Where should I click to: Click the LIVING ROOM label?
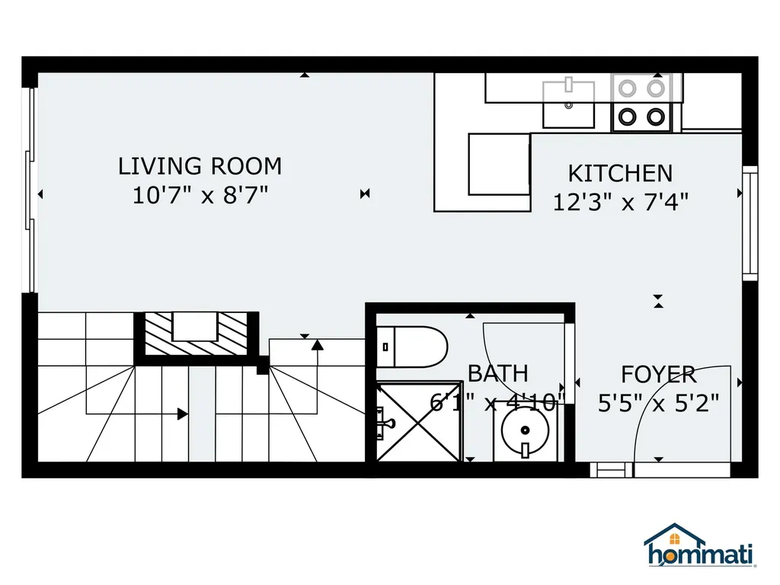[x=200, y=166]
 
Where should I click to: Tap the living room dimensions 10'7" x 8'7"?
[x=200, y=195]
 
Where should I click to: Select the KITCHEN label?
[x=620, y=174]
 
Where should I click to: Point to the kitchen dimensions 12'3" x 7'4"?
[x=621, y=202]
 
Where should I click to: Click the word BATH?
[x=498, y=373]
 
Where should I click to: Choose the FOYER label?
[x=658, y=375]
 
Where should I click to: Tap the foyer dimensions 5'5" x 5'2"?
[x=659, y=403]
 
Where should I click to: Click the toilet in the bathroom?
[x=412, y=347]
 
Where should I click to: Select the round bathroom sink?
[x=525, y=431]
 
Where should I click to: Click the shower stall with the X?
[x=419, y=421]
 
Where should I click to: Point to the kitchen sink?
[x=568, y=103]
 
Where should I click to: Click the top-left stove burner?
[x=627, y=89]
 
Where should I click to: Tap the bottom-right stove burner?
[x=656, y=117]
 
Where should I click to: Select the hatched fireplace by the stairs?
[x=196, y=334]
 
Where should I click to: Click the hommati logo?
[x=700, y=545]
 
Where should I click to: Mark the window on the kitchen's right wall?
[x=750, y=223]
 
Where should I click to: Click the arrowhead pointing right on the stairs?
[x=183, y=414]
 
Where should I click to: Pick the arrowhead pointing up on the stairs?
[x=318, y=344]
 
